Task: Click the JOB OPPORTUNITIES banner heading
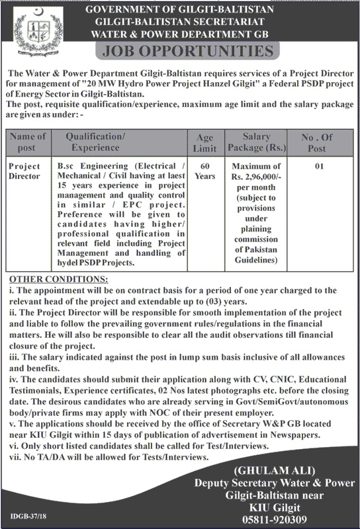(x=183, y=51)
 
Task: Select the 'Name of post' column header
(x=28, y=142)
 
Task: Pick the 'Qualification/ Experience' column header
(x=99, y=142)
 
